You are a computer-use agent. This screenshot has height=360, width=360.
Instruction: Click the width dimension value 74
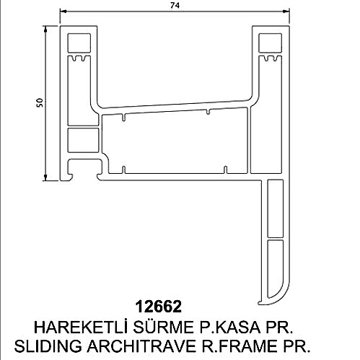pyautogui.click(x=175, y=5)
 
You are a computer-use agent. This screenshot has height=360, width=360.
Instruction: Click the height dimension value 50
pyautogui.click(x=40, y=102)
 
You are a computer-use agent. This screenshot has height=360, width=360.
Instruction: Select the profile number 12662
pyautogui.click(x=159, y=307)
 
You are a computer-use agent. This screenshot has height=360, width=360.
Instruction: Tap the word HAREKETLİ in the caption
pyautogui.click(x=81, y=327)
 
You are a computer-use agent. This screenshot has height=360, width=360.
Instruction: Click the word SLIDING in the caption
pyautogui.click(x=48, y=346)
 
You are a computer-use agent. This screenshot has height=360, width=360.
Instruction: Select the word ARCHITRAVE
pyautogui.click(x=141, y=346)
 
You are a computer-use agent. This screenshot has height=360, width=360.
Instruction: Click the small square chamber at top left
pyautogui.click(x=79, y=43)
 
